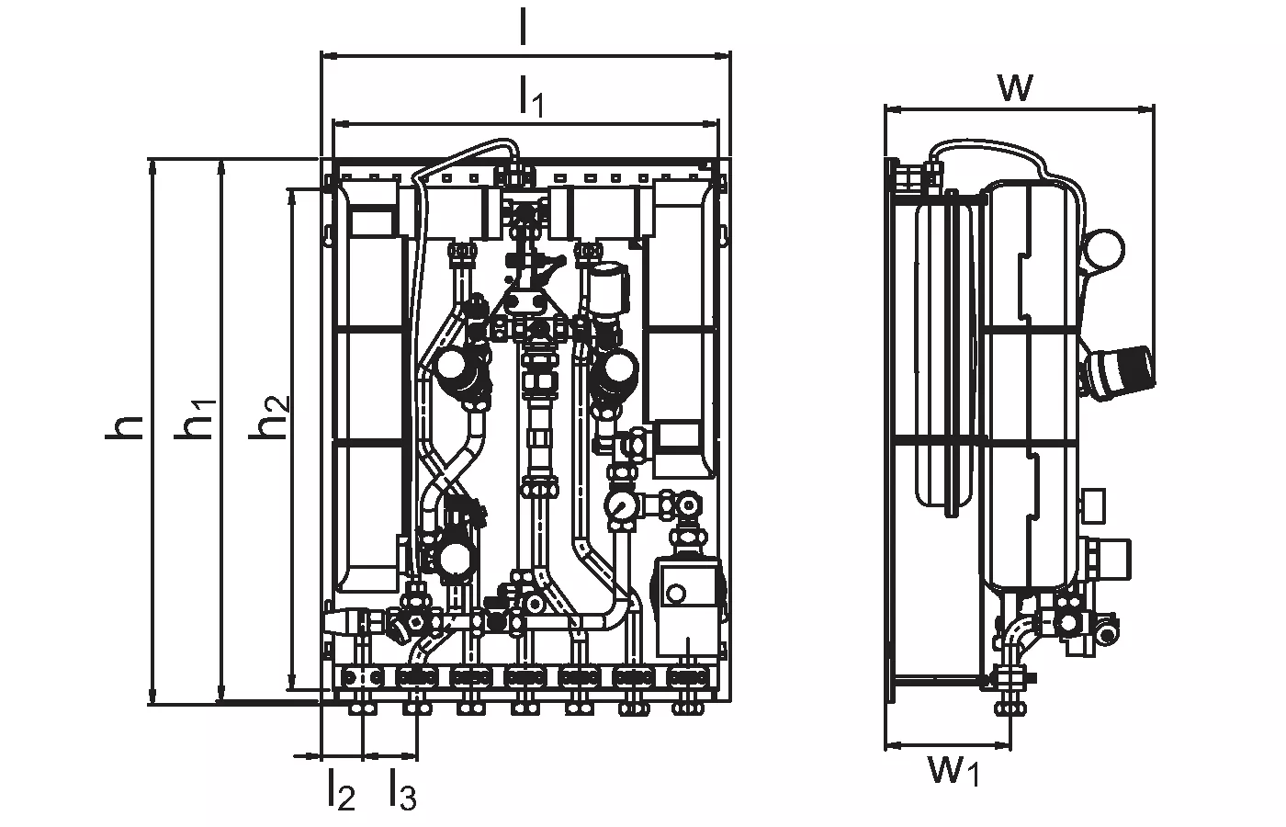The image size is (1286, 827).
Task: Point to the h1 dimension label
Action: click(197, 418)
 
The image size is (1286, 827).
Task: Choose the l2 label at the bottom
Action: click(340, 790)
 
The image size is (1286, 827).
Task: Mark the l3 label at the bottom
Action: click(400, 790)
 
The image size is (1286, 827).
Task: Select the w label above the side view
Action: click(1016, 87)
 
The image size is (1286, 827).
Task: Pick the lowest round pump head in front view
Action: click(454, 557)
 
